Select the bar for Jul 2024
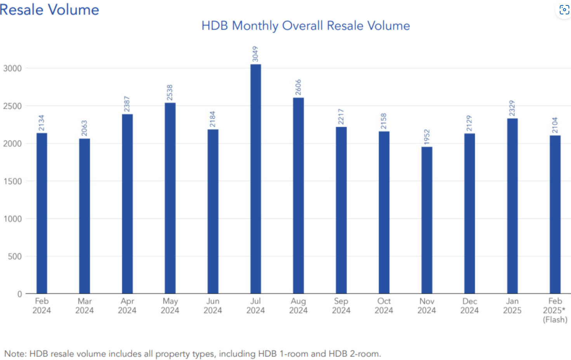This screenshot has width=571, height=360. pos(255,178)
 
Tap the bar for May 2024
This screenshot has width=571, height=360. pos(170,198)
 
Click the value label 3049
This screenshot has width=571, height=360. pos(255,54)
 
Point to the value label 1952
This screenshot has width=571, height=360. pos(427,137)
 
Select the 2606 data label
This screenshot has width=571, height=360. pos(298,87)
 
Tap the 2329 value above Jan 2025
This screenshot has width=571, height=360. pos(512,108)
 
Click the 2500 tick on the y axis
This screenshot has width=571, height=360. pos(12,106)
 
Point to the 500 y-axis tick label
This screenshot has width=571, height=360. pos(15,256)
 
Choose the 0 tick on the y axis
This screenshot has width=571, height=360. pos(19,294)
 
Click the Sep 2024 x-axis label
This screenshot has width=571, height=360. pos(341,306)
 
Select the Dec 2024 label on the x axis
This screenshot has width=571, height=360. pos(469,306)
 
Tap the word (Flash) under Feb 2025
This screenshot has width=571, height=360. pos(555,320)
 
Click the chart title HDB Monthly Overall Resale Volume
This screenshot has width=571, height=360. pos(305,26)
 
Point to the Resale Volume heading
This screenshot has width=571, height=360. pos(50,10)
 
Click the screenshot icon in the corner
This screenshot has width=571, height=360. pos(564,10)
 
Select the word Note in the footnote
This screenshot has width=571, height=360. pos(14,354)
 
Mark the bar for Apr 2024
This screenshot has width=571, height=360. pos(127,204)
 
